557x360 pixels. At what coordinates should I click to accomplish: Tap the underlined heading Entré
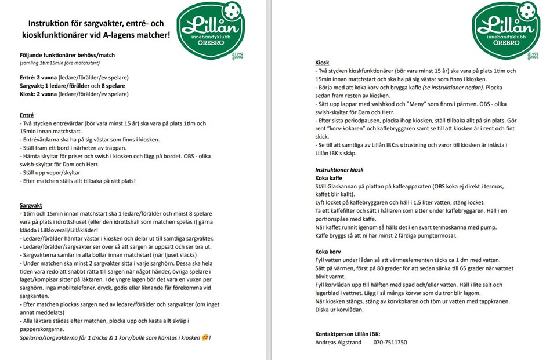27,115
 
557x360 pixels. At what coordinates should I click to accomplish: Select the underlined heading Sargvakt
32,205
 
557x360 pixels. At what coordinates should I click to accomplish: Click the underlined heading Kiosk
322,62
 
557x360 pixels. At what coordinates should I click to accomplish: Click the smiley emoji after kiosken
205,337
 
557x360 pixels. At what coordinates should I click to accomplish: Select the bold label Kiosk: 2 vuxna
39,94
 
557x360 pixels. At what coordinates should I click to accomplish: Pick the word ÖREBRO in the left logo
212,44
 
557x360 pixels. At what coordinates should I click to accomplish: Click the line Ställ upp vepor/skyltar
50,173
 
